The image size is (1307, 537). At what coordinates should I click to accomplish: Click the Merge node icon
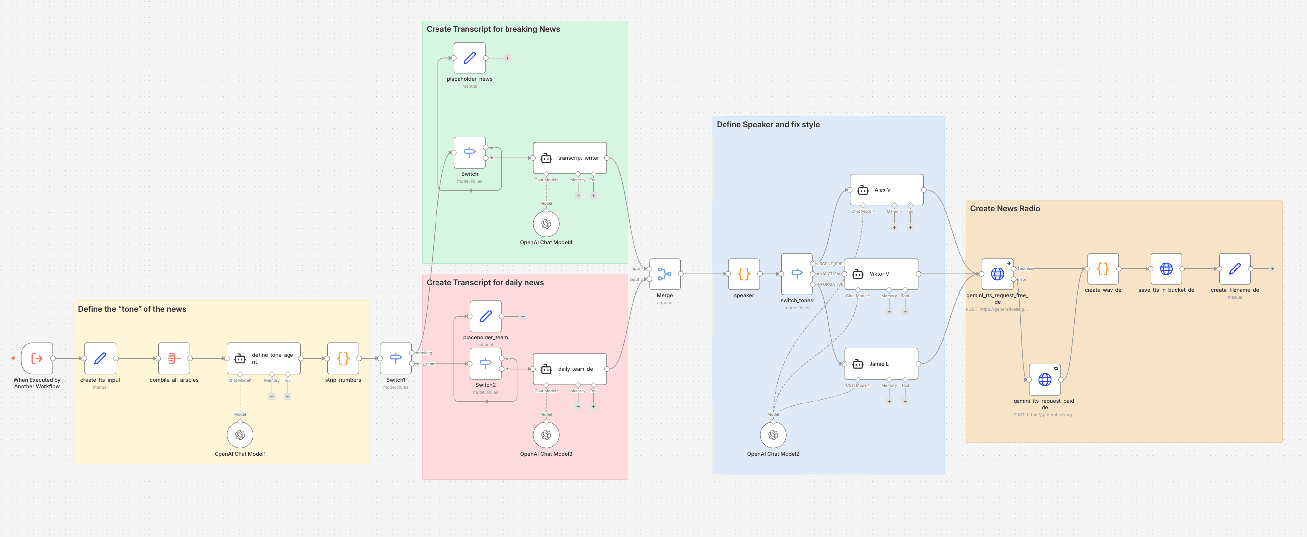664,274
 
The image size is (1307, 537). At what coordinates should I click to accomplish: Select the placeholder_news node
469,58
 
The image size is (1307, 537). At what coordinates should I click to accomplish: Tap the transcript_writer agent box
570,158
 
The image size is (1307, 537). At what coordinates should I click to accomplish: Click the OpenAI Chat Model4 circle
546,224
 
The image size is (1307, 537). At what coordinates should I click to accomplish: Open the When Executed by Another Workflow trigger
37,358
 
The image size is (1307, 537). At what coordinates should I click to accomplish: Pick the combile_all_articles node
174,358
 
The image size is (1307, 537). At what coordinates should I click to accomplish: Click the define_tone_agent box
264,358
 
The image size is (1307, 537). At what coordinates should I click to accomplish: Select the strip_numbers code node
343,358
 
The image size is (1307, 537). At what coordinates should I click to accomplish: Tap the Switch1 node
396,358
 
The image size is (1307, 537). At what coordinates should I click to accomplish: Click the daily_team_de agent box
570,369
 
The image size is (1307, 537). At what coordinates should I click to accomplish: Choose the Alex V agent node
886,190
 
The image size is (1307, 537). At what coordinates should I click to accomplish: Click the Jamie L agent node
881,364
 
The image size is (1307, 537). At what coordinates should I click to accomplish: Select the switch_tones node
797,274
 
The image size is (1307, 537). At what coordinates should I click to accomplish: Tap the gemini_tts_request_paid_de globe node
1045,379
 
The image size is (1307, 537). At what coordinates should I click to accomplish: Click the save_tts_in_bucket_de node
1166,269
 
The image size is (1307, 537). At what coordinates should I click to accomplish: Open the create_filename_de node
1234,269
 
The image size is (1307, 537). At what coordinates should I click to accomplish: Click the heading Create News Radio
1005,209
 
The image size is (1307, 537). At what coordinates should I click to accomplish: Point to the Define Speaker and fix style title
768,124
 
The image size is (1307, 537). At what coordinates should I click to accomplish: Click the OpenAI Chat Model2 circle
773,435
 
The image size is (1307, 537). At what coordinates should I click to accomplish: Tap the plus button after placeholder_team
523,317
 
